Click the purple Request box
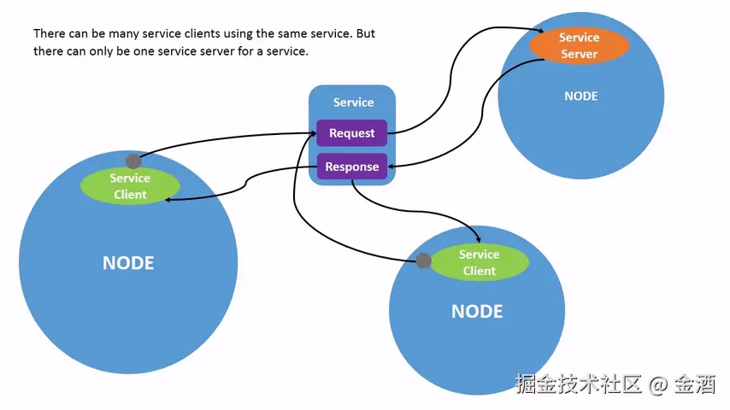(352, 132)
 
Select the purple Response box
(352, 167)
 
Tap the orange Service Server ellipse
(580, 45)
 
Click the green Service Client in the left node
(130, 185)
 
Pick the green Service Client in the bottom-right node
(479, 262)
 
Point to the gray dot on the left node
(133, 161)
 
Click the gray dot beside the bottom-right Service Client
(423, 261)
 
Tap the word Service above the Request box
(353, 102)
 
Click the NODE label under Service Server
(581, 96)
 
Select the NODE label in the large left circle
(128, 263)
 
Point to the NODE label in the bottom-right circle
(477, 311)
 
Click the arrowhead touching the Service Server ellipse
(541, 31)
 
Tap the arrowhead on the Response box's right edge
(391, 167)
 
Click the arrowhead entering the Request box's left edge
(313, 133)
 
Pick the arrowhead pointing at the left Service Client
(168, 200)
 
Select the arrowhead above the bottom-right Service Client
(478, 239)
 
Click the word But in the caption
(366, 33)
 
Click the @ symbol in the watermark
(658, 385)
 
